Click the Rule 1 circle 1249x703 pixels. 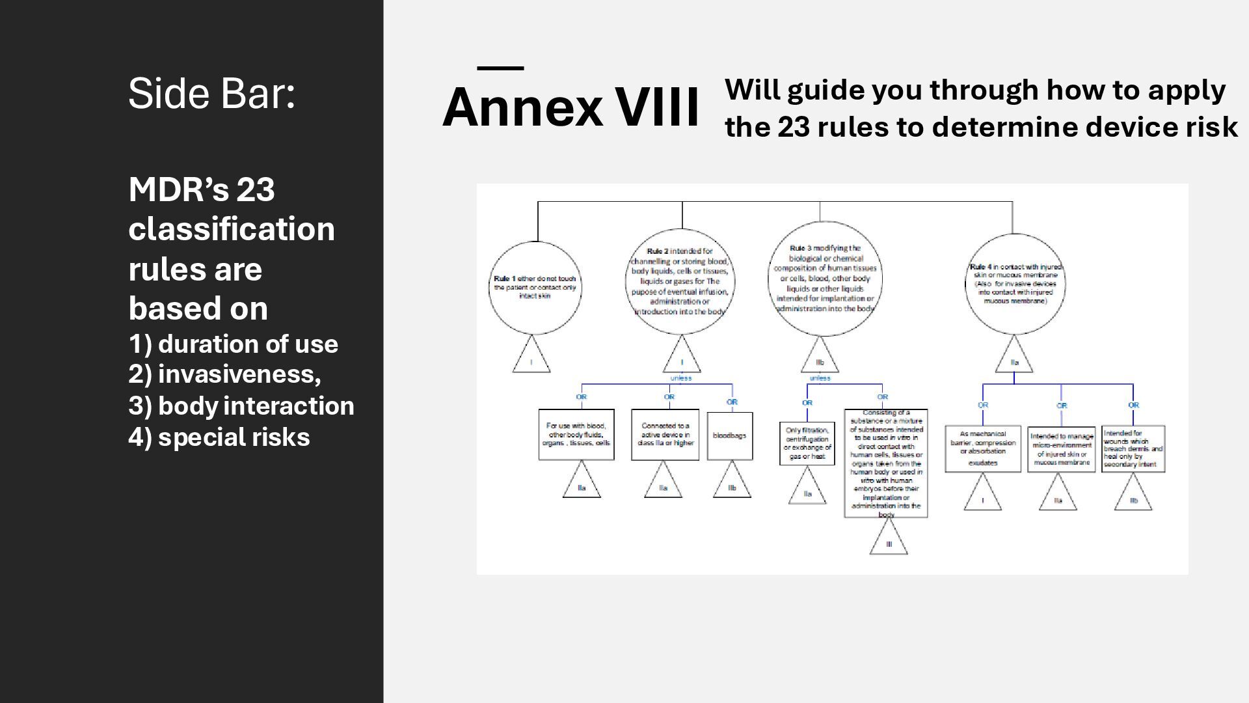pyautogui.click(x=535, y=288)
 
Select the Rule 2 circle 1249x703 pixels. pyautogui.click(x=680, y=281)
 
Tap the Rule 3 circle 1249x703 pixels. pyautogui.click(x=825, y=279)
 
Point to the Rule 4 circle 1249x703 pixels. pyautogui.click(x=1015, y=284)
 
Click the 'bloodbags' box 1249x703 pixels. pyautogui.click(x=729, y=435)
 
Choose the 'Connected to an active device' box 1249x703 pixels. pyautogui.click(x=665, y=435)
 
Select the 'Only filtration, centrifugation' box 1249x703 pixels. pyautogui.click(x=807, y=443)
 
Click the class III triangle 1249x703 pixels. pyautogui.click(x=889, y=542)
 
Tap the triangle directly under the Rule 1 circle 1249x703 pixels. pyautogui.click(x=531, y=359)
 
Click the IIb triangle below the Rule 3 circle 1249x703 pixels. pyautogui.click(x=820, y=359)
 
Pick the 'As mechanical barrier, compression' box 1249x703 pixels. pyautogui.click(x=982, y=448)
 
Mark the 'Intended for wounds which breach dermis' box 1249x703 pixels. pyautogui.click(x=1133, y=448)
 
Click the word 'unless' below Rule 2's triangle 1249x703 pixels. pyautogui.click(x=681, y=378)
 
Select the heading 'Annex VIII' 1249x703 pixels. pyautogui.click(x=571, y=107)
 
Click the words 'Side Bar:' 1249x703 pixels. pyautogui.click(x=212, y=93)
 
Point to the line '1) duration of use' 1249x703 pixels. pyautogui.click(x=234, y=344)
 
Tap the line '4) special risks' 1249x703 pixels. pyautogui.click(x=219, y=437)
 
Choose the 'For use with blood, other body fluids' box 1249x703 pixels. pyautogui.click(x=576, y=435)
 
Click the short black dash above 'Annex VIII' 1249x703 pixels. pyautogui.click(x=500, y=68)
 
